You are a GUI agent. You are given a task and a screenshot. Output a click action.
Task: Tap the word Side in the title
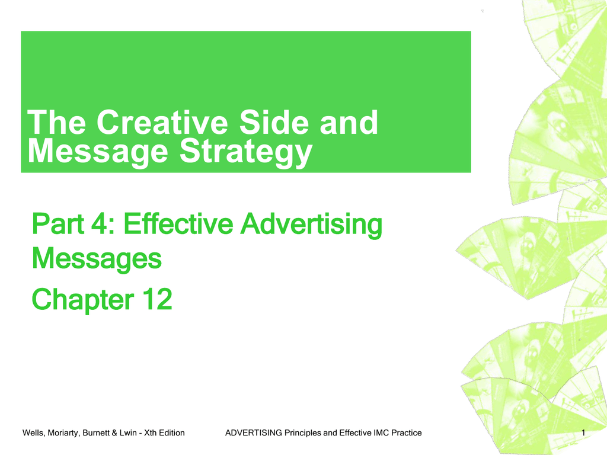tap(274, 122)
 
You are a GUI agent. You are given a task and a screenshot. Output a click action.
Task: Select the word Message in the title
tap(98, 152)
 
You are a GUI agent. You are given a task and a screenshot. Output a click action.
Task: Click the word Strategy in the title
tap(246, 152)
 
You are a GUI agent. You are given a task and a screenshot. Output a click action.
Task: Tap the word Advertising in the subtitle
tap(311, 225)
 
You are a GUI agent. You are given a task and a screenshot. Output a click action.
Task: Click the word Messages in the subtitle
tap(97, 259)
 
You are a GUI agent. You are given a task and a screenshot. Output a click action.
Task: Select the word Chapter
tap(83, 299)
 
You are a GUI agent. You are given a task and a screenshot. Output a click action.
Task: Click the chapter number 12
tap(157, 299)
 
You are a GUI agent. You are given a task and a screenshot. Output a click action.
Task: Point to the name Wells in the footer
tap(33, 433)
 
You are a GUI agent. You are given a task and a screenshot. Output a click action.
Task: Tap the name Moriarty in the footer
tap(63, 433)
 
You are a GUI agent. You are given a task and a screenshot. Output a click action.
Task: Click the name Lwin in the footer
tap(128, 433)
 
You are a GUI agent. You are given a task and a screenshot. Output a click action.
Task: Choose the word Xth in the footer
tap(150, 433)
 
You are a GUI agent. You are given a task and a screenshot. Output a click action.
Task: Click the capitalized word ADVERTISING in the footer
tap(254, 433)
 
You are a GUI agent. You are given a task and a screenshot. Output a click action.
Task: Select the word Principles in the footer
tap(303, 433)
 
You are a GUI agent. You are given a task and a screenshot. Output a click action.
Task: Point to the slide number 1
tap(583, 433)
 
